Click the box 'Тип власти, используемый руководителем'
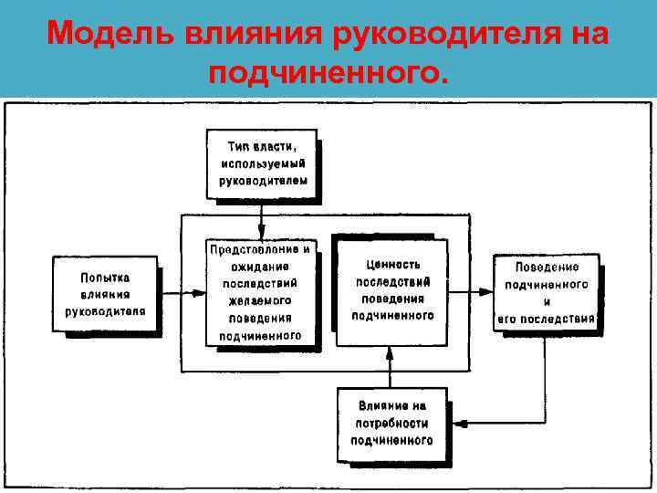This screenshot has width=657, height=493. pos(262,163)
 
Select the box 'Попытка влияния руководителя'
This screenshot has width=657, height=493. pos(105,293)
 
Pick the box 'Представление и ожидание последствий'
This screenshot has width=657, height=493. pos(262,293)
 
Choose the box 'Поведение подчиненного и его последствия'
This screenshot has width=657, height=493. pos(546,293)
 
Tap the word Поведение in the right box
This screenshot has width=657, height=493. pos(547,267)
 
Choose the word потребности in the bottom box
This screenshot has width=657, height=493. pos(391,424)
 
